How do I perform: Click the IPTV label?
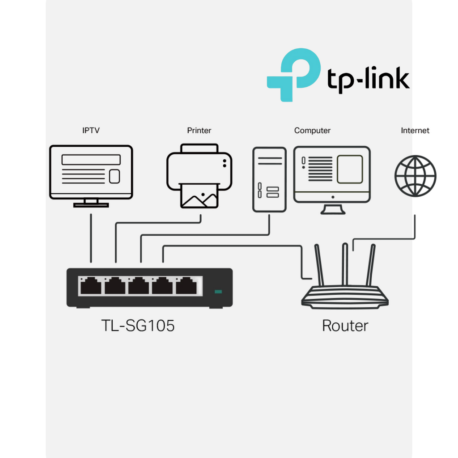91,131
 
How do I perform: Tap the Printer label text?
199,131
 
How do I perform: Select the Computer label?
312,131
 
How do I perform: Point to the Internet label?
415,131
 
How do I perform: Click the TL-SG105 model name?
138,326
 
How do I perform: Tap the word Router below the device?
345,326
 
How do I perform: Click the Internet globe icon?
415,176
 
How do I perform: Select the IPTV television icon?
91,172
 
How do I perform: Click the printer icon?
199,170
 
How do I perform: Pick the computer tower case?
269,179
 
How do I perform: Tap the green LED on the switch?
218,292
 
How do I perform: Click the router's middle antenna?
345,264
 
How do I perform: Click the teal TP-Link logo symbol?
293,74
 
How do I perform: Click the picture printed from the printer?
199,197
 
